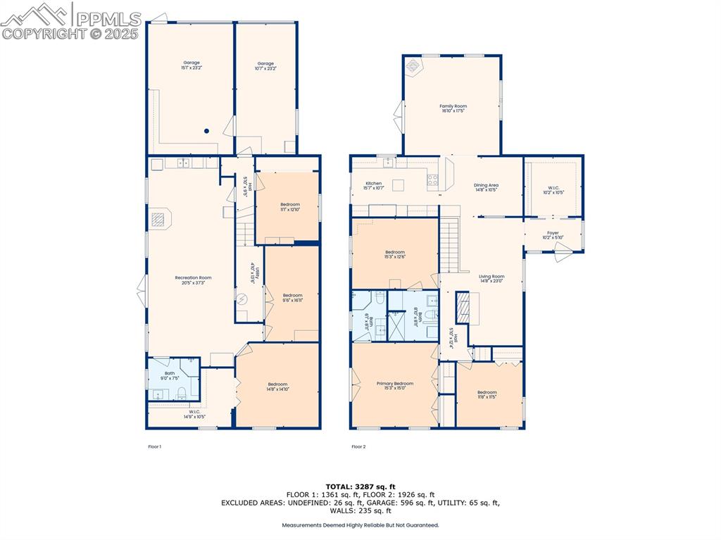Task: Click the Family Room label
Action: (453, 108)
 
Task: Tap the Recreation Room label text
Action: (193, 280)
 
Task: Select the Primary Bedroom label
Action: (394, 386)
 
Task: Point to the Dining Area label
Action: (486, 187)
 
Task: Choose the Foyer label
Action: (553, 235)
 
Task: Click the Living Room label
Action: (491, 279)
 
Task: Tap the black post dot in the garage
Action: (207, 130)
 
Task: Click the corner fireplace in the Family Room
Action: (413, 67)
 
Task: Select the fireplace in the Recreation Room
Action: (160, 220)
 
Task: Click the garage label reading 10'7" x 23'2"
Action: (265, 65)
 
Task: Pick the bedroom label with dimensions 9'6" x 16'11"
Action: (292, 298)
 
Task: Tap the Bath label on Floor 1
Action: (170, 376)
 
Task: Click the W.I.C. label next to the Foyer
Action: (553, 190)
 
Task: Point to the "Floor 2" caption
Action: (358, 446)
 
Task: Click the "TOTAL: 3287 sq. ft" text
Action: (360, 486)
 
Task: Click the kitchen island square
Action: (399, 185)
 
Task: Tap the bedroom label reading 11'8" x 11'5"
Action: (487, 395)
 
